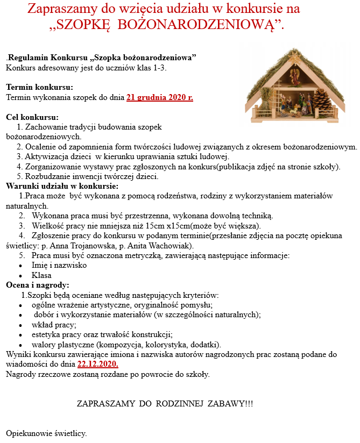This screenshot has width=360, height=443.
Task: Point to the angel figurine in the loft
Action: coord(295,76)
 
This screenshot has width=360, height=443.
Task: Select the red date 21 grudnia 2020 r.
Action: coord(159,97)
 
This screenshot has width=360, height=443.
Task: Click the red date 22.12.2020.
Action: coord(97,364)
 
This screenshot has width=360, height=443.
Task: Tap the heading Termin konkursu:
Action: coord(39,87)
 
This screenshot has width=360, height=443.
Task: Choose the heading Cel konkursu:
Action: coord(32,117)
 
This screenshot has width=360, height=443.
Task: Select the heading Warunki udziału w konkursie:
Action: coord(62,186)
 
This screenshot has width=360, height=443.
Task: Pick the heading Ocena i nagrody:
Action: coord(38,285)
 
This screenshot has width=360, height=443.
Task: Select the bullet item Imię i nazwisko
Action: coord(59,265)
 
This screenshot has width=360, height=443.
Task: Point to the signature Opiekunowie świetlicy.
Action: coord(46,433)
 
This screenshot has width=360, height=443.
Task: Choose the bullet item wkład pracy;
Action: coord(54,325)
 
